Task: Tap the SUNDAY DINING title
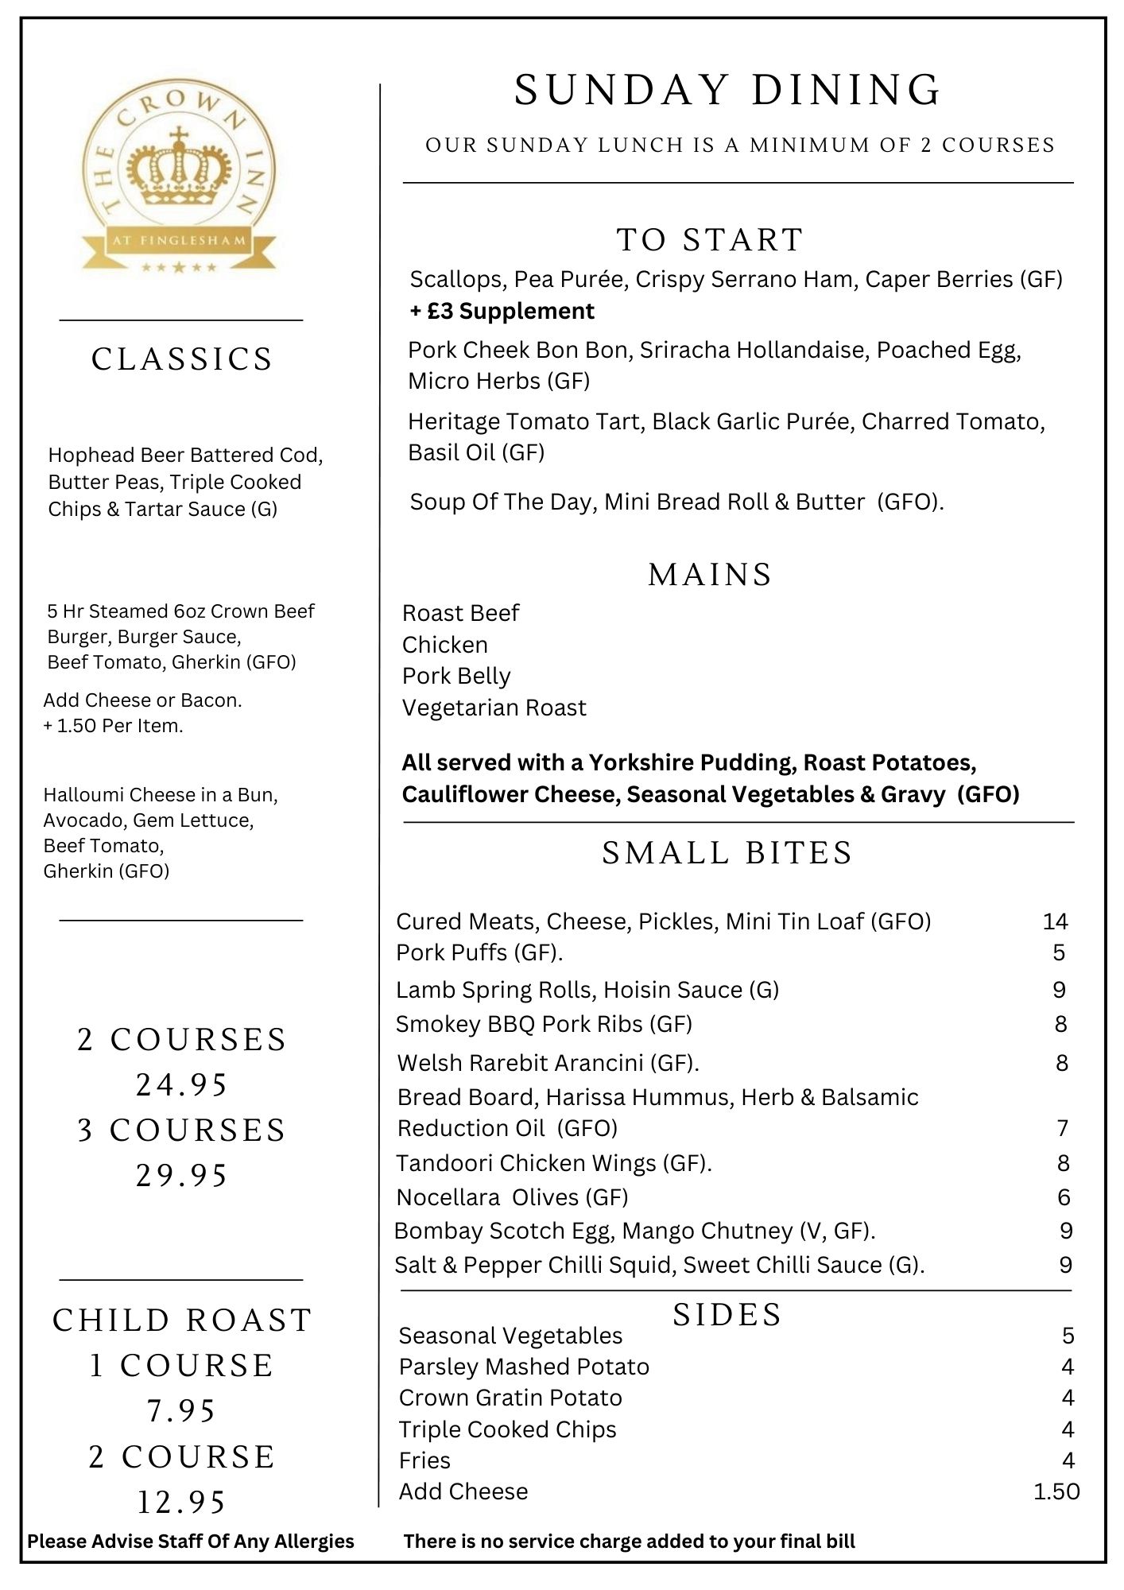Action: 727,90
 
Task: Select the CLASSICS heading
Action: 182,359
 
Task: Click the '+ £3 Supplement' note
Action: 502,311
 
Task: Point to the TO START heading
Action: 710,240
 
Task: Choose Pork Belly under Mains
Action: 456,676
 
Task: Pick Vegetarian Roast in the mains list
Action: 494,708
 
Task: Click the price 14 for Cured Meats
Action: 1055,921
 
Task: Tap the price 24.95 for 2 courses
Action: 182,1085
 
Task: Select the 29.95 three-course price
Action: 182,1176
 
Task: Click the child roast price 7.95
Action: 182,1411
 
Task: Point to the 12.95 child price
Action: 182,1503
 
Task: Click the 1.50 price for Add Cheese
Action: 1056,1491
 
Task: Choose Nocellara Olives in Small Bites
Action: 512,1197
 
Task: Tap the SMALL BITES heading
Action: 727,853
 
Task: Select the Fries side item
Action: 424,1460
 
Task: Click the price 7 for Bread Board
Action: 1062,1128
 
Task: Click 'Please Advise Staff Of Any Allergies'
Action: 191,1542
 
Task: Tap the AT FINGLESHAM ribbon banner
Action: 180,240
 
